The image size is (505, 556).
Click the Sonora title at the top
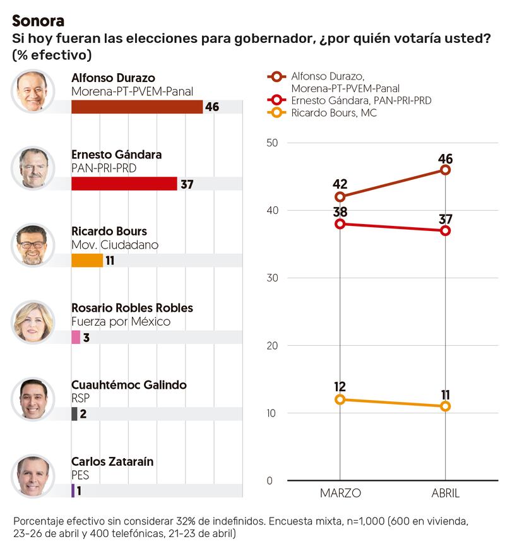tap(38, 21)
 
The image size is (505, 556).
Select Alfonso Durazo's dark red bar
tap(137, 107)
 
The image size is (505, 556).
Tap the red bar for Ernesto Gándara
tap(124, 184)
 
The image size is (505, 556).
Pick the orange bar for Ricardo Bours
tap(87, 260)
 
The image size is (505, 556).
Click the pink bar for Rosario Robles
tap(76, 337)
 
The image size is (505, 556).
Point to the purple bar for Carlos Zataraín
tap(73, 490)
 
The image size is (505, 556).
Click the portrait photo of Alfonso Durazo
tap(33, 92)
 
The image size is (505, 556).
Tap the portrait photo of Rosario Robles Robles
tap(33, 321)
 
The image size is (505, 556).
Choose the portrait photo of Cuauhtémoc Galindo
tap(33, 398)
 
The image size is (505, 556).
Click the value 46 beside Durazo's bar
tap(212, 107)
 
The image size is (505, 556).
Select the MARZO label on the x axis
tap(340, 492)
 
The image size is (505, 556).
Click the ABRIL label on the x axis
tap(446, 492)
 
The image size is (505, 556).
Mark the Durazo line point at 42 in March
tap(340, 197)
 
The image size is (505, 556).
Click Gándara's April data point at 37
tap(446, 230)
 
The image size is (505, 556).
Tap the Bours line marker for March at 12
tap(340, 399)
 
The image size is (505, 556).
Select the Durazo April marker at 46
tap(446, 170)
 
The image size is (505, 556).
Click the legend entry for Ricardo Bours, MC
tap(334, 113)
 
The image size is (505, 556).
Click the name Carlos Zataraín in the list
tap(112, 462)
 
